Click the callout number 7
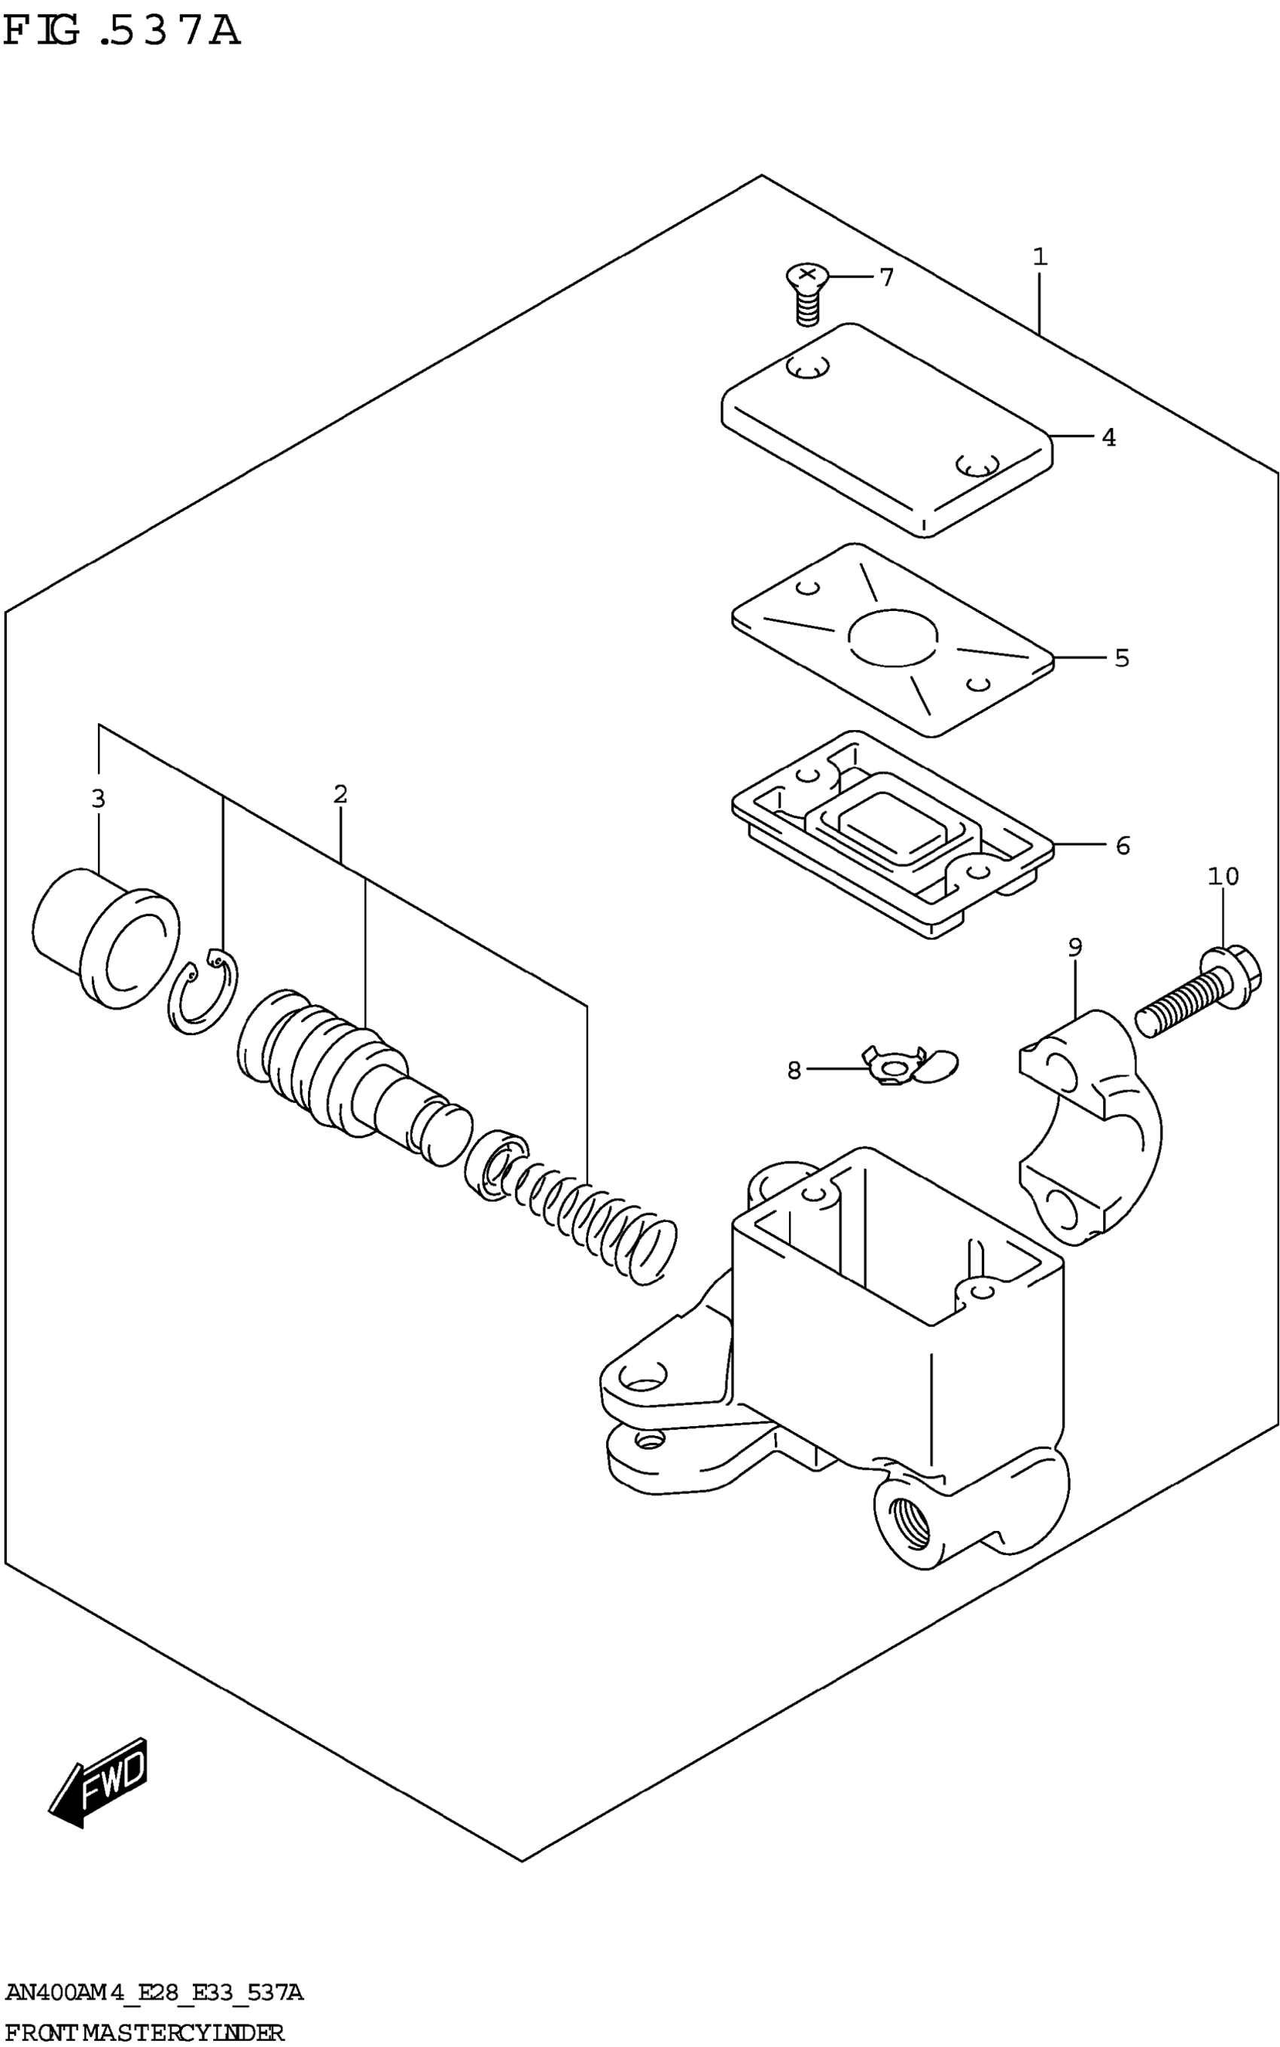point(886,277)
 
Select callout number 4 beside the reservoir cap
point(1108,438)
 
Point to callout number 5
point(1122,658)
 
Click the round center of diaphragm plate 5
point(893,637)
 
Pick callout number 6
point(1123,845)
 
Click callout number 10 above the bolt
point(1223,875)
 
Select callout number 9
point(1074,947)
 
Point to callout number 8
point(794,1071)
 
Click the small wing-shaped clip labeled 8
point(906,1067)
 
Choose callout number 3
point(98,798)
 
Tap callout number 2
point(340,794)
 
